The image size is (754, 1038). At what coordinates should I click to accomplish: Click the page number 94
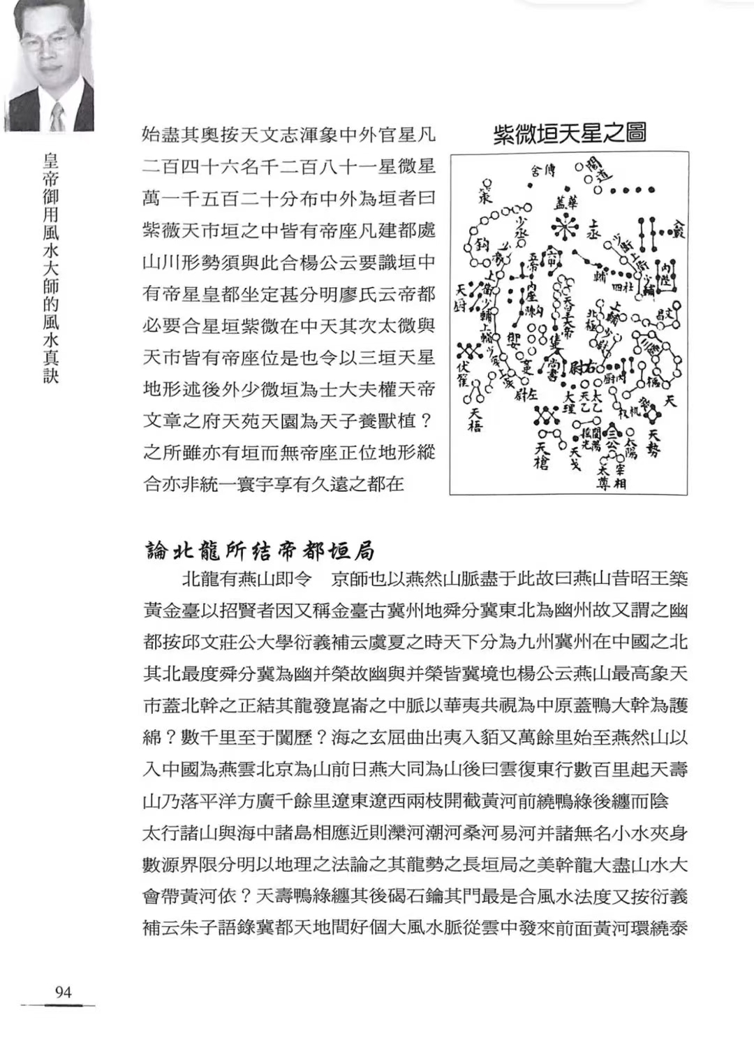(63, 992)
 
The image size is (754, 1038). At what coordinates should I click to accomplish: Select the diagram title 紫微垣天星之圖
(569, 133)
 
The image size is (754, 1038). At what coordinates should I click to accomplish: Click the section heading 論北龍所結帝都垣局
(259, 550)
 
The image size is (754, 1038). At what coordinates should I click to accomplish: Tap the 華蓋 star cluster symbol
(563, 224)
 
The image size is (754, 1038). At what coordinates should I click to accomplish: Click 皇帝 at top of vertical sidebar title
(50, 170)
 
